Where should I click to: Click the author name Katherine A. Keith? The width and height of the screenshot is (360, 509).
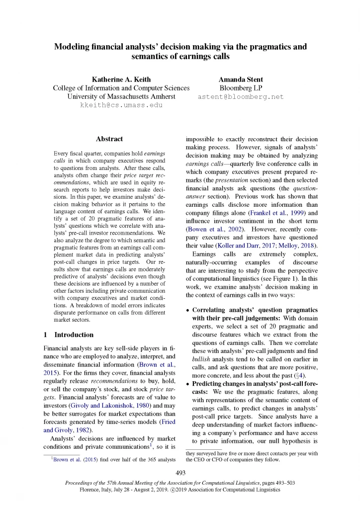pyautogui.click(x=121, y=79)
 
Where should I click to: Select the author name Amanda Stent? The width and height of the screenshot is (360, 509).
pyautogui.click(x=241, y=79)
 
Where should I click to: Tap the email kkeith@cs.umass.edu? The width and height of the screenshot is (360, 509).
pyautogui.click(x=121, y=105)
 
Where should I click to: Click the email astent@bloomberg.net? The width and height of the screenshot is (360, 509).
pyautogui.click(x=241, y=96)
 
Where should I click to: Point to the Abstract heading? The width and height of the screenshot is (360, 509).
pyautogui.click(x=109, y=139)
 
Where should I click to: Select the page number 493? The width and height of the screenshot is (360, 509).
pyautogui.click(x=180, y=472)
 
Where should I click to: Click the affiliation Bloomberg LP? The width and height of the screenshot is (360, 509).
pyautogui.click(x=241, y=88)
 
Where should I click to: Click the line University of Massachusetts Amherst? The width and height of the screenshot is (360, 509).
pyautogui.click(x=121, y=96)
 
